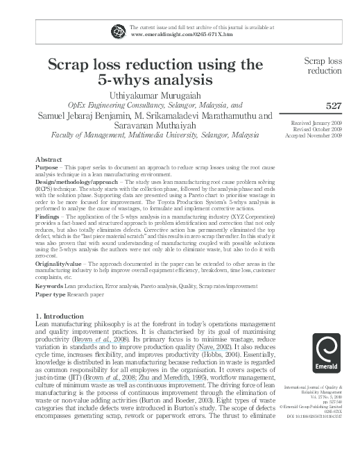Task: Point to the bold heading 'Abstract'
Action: coord(49,158)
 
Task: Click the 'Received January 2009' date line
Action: coord(317,122)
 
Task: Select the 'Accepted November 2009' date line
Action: coord(314,135)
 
